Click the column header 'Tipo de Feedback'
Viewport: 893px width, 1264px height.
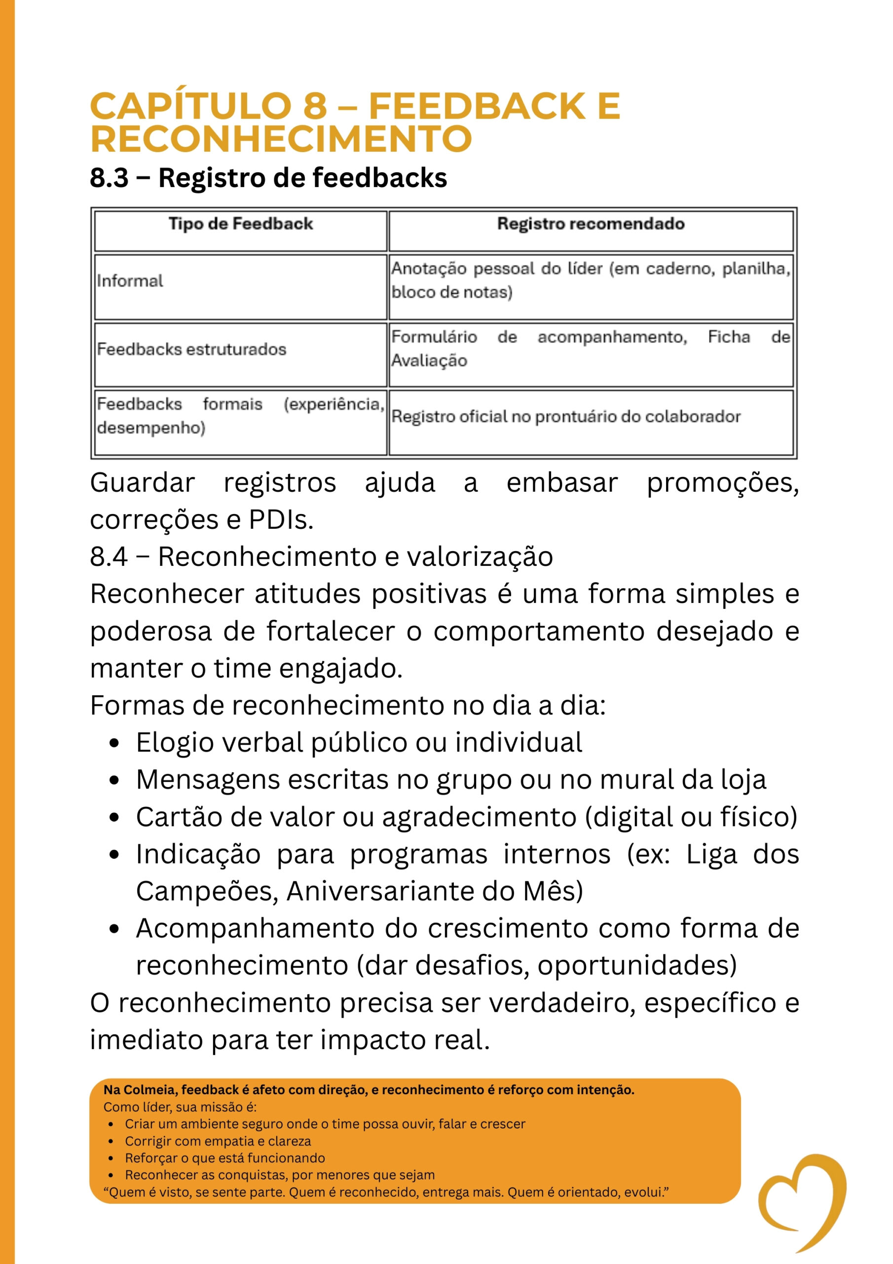tap(240, 224)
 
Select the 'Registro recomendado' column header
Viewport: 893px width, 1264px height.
tap(591, 224)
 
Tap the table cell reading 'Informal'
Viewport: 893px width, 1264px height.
tap(130, 281)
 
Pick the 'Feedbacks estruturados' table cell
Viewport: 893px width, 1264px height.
tap(191, 350)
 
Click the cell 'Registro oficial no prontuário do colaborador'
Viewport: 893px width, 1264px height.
tap(565, 417)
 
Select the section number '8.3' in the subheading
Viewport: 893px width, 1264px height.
tap(109, 178)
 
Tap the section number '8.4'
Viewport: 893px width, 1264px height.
tap(109, 556)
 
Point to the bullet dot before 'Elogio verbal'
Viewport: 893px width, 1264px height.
tap(114, 744)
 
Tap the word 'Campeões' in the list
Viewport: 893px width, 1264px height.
tap(207, 891)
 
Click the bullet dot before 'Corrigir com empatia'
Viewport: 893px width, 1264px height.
tap(111, 1142)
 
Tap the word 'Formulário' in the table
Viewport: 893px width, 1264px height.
tap(434, 337)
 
